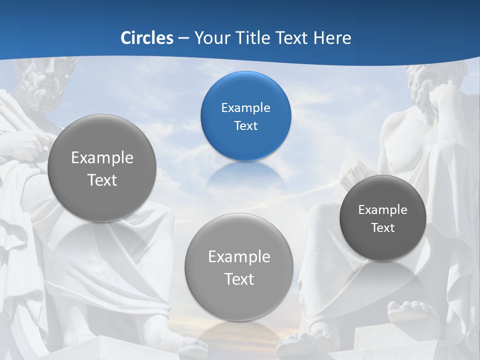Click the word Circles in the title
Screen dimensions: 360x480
pyautogui.click(x=146, y=38)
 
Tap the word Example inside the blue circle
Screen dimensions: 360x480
pyautogui.click(x=245, y=108)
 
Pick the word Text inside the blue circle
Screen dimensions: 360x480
pyautogui.click(x=245, y=126)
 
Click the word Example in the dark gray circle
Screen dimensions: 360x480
pyautogui.click(x=383, y=210)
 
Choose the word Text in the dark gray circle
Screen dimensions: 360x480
pyautogui.click(x=383, y=228)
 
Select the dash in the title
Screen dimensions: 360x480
pyautogui.click(x=183, y=38)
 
